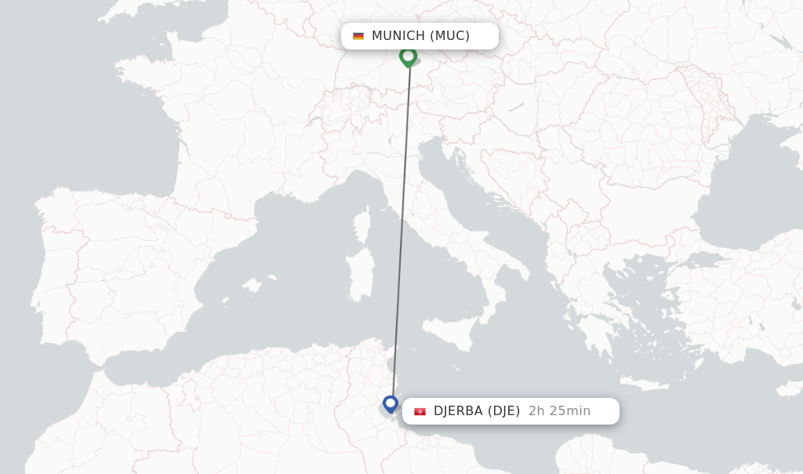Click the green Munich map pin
tap(408, 57)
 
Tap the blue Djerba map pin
tap(391, 404)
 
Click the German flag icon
tap(358, 36)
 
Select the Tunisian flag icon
tap(420, 411)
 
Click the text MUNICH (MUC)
tap(420, 36)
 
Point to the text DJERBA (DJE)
tap(476, 411)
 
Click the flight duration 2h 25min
tap(559, 411)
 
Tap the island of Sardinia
tap(362, 275)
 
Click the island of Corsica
tap(362, 225)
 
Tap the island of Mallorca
tap(252, 285)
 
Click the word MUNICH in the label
tap(398, 36)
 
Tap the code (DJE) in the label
tap(503, 411)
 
